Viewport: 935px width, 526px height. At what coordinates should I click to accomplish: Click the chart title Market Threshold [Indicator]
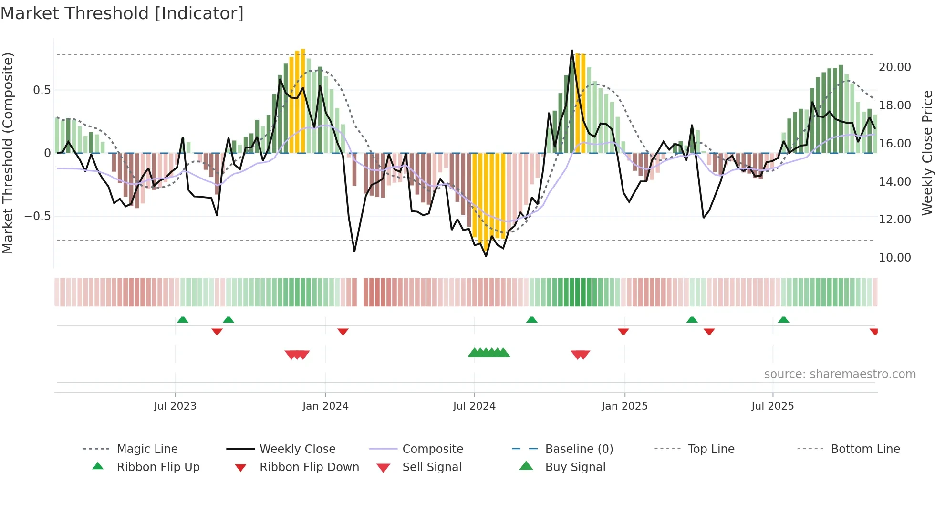(x=122, y=13)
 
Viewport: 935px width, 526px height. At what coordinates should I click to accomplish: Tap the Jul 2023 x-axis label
(x=175, y=406)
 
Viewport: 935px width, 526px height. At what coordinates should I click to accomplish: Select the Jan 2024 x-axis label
(x=325, y=406)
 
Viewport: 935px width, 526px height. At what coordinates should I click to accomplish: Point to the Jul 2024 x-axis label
(x=474, y=406)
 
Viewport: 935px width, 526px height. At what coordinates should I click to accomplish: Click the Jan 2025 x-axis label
(x=624, y=406)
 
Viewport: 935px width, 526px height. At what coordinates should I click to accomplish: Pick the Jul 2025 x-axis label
(x=772, y=406)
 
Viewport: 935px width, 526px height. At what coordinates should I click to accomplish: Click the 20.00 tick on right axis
(x=894, y=67)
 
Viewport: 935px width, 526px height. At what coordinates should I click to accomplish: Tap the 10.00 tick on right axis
(x=894, y=258)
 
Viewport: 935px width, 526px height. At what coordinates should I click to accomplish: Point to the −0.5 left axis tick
(x=37, y=216)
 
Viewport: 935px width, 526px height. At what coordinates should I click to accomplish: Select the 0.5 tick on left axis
(x=42, y=90)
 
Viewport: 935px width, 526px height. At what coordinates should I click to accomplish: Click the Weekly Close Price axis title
(x=927, y=153)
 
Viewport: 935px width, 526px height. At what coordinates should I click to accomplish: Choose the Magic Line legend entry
(x=147, y=449)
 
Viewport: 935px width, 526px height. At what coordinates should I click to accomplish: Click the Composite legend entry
(x=432, y=449)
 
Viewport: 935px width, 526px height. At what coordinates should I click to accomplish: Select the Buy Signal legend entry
(x=575, y=467)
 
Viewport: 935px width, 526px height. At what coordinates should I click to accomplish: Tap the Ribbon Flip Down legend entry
(x=309, y=467)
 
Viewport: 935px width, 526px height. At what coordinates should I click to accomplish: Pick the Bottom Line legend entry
(x=865, y=449)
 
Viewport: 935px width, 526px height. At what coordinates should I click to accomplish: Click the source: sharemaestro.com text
(x=840, y=374)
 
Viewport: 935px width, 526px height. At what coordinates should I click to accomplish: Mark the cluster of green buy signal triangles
(x=489, y=353)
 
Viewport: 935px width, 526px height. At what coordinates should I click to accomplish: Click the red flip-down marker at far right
(x=874, y=331)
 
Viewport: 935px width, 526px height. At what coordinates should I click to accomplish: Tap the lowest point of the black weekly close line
(x=486, y=256)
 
